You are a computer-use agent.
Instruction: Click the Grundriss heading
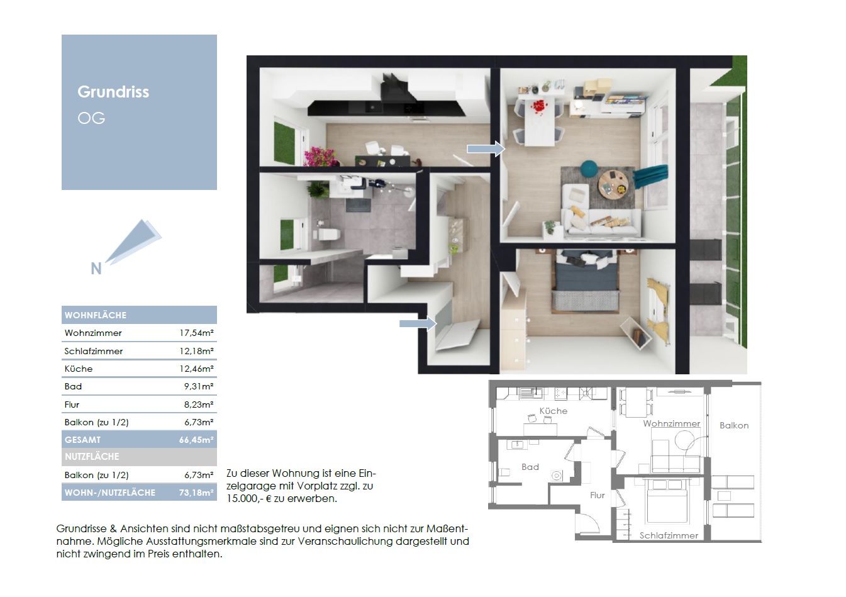[x=113, y=92]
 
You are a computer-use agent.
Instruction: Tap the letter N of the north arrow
[x=96, y=269]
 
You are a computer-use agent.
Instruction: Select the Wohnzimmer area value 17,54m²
[x=196, y=333]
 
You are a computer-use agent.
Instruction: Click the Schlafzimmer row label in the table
[x=94, y=351]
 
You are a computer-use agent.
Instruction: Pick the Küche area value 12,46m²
[x=196, y=369]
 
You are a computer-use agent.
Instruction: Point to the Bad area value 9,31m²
[x=199, y=386]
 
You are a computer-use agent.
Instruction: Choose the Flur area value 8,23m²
[x=199, y=405]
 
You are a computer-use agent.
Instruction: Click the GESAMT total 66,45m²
[x=196, y=440]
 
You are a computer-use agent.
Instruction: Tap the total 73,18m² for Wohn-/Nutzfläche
[x=196, y=493]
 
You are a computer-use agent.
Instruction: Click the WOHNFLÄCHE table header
[x=96, y=315]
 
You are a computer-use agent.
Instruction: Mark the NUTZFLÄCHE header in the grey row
[x=92, y=457]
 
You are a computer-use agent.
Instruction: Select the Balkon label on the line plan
[x=734, y=425]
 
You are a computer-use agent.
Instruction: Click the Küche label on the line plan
[x=554, y=411]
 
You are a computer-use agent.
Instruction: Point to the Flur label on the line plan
[x=598, y=495]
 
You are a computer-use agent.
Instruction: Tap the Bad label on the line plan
[x=530, y=467]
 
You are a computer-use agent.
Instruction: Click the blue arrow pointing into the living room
[x=486, y=149]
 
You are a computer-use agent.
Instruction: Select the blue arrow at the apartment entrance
[x=418, y=323]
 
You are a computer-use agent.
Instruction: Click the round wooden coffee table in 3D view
[x=613, y=185]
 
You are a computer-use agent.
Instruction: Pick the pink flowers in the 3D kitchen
[x=320, y=157]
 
